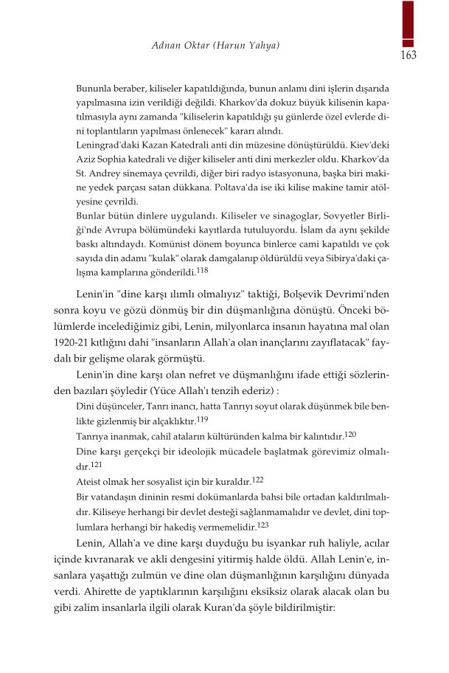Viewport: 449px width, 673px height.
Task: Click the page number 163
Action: (x=408, y=55)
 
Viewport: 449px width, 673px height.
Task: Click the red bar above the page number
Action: (x=408, y=22)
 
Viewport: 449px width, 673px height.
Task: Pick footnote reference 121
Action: (x=96, y=465)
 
